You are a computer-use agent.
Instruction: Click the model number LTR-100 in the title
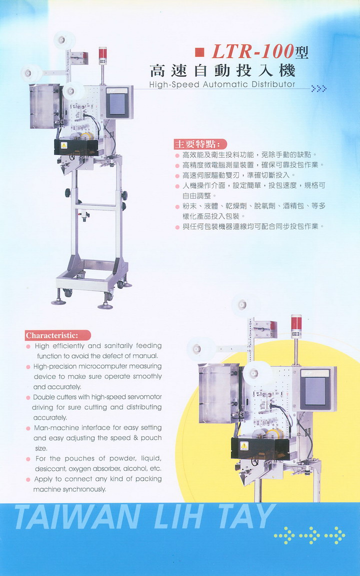pyautogui.click(x=253, y=52)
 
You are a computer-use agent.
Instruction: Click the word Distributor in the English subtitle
pyautogui.click(x=273, y=84)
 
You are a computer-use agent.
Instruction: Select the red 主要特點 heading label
pyautogui.click(x=200, y=144)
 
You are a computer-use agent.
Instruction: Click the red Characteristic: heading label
pyautogui.click(x=57, y=335)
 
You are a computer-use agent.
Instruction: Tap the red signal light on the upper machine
pyautogui.click(x=103, y=53)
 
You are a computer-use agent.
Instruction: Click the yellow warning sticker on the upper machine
pyautogui.click(x=64, y=145)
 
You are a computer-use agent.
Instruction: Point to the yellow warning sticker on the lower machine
pyautogui.click(x=244, y=446)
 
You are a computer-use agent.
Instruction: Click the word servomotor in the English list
pyautogui.click(x=144, y=397)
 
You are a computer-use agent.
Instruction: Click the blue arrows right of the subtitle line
pyautogui.click(x=318, y=89)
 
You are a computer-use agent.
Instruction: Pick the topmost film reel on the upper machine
pyautogui.click(x=64, y=40)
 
